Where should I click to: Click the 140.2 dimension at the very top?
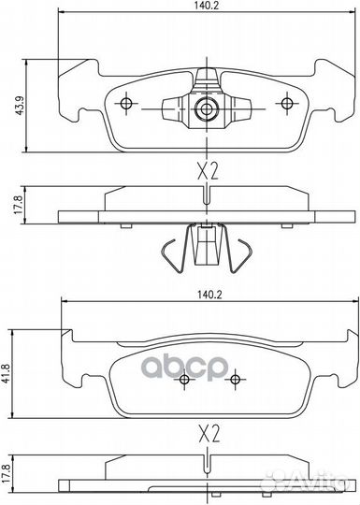(207, 6)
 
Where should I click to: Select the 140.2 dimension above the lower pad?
(208, 295)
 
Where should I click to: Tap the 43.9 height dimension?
(20, 106)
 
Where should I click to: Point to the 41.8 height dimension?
(7, 373)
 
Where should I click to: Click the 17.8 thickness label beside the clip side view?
(19, 205)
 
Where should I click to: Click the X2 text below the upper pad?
(208, 171)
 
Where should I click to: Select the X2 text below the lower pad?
(209, 433)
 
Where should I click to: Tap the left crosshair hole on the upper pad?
(126, 104)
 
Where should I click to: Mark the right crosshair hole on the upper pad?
(286, 104)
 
